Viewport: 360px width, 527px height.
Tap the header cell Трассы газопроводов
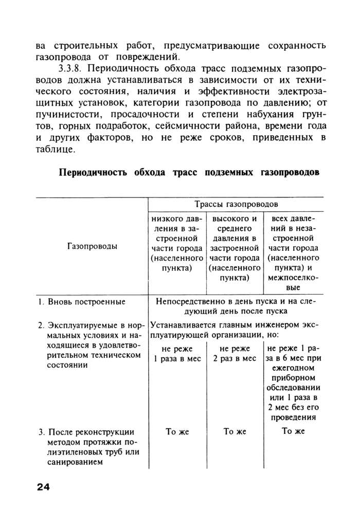click(236, 204)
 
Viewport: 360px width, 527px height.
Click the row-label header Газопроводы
click(92, 246)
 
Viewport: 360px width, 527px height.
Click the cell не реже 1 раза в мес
click(177, 354)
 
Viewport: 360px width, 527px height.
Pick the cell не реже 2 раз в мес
click(235, 354)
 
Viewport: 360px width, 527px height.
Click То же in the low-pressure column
click(177, 431)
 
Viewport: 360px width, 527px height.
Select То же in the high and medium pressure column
click(235, 431)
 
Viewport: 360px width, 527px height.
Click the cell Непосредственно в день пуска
click(236, 306)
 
